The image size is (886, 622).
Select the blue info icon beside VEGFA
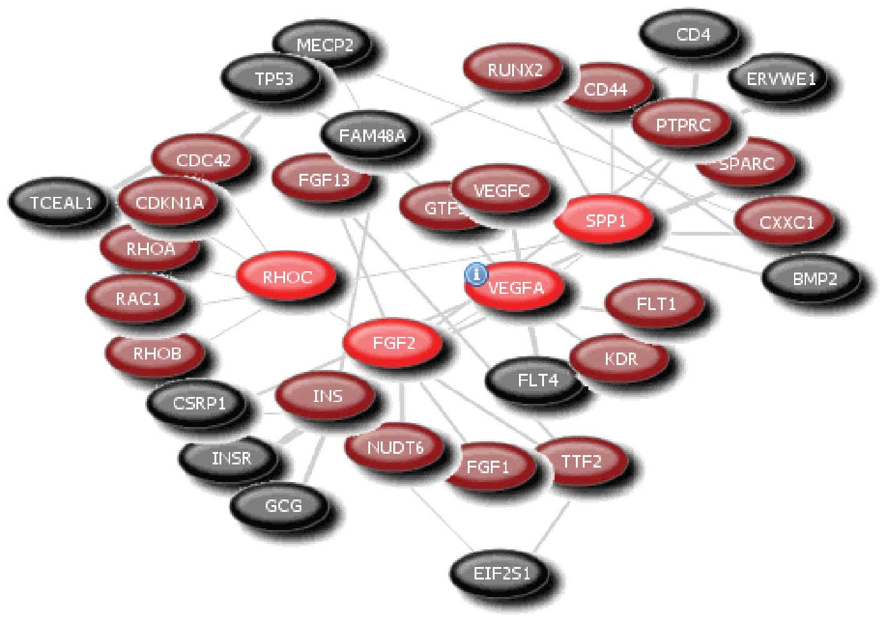point(476,274)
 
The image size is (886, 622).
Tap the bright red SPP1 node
point(605,221)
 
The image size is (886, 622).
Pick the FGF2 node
point(393,343)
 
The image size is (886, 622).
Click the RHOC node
point(286,277)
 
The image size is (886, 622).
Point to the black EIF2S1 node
point(501,573)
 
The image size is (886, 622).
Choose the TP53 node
point(273,79)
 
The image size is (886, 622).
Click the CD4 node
point(692,34)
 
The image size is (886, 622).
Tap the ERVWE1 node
point(772,79)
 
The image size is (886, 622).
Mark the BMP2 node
point(813,278)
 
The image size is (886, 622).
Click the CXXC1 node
point(785,222)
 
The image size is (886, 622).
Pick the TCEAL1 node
point(61,202)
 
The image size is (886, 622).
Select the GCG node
point(283,504)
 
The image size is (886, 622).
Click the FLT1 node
point(655,304)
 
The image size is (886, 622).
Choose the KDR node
point(620,359)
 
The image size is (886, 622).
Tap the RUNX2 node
point(514,69)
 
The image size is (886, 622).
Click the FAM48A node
point(371,136)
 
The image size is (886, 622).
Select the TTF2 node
point(581,462)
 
